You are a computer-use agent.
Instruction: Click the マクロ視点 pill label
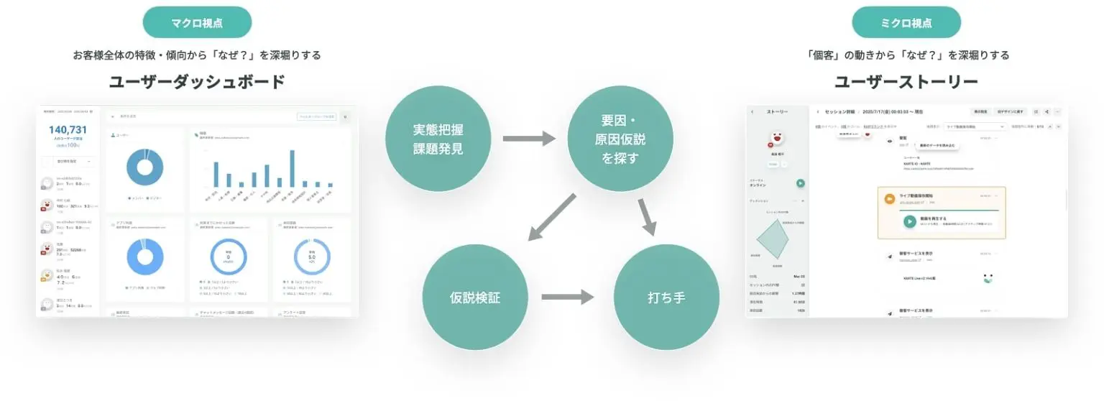point(197,22)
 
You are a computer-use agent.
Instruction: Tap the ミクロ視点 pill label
point(906,22)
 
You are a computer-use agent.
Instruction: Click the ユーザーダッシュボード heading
point(197,81)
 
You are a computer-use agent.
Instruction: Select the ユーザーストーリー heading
point(906,81)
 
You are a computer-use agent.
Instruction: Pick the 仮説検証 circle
point(475,298)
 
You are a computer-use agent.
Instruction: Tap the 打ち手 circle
point(666,298)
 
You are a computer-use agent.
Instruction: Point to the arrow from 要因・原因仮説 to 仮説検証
point(552,216)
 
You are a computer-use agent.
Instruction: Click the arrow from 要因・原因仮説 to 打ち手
point(646,216)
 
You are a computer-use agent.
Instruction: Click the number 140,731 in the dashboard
point(68,129)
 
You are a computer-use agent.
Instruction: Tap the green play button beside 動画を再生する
point(909,221)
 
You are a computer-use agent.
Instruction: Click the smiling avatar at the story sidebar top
point(776,137)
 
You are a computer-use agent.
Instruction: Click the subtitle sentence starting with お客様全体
point(197,55)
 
